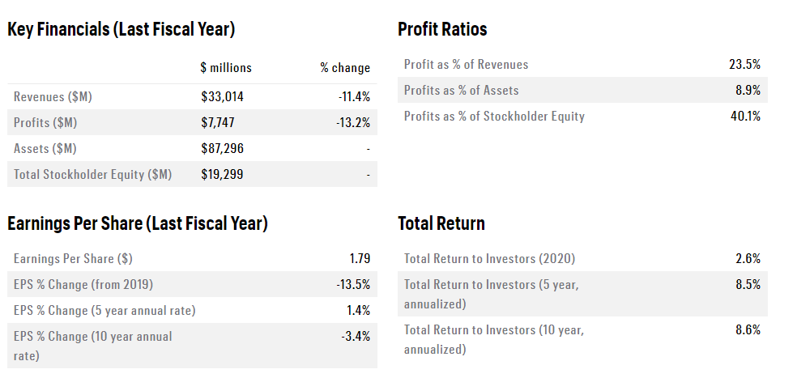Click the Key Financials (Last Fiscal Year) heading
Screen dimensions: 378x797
pos(121,30)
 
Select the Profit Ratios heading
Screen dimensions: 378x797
pos(442,30)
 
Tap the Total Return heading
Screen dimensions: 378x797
pos(441,224)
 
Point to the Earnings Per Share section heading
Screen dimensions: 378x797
pos(138,224)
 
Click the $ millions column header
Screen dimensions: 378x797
pos(226,68)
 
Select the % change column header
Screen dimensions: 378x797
pos(345,68)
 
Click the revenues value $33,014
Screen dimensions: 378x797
pos(222,97)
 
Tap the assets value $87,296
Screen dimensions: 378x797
pos(222,149)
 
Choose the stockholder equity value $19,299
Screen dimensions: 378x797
pos(222,175)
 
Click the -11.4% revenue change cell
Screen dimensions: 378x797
pos(354,97)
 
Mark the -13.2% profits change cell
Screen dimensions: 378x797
pos(353,123)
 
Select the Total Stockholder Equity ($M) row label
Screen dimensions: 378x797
pos(92,175)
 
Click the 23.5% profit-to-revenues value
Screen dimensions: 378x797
pos(745,65)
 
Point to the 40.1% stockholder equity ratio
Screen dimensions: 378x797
pos(745,117)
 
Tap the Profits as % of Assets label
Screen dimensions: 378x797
pos(461,91)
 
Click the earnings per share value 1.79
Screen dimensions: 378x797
pos(360,259)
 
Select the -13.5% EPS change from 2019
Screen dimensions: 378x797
pos(353,285)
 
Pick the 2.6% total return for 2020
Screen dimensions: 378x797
pos(748,259)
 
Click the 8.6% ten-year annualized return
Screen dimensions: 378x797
pos(748,330)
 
